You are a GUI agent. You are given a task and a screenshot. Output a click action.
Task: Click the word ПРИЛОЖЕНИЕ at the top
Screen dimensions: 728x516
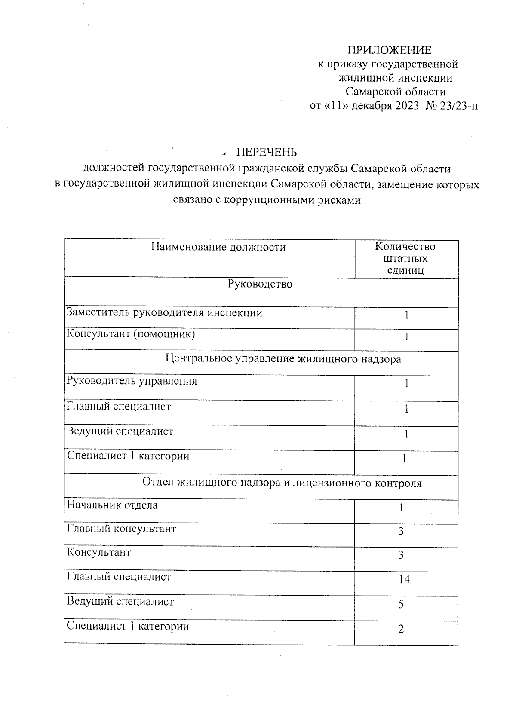[389, 50]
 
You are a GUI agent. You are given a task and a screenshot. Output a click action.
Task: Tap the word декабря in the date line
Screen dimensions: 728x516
[371, 106]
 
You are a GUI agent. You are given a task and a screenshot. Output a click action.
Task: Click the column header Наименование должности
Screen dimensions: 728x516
[218, 247]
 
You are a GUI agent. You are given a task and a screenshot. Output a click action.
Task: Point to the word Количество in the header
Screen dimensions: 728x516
[405, 247]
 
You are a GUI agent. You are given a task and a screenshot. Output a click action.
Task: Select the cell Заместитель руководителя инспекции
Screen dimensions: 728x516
[164, 313]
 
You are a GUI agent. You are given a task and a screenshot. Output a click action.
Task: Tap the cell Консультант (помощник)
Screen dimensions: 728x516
[131, 334]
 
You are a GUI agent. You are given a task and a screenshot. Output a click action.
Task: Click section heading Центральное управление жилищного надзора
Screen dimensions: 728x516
[283, 358]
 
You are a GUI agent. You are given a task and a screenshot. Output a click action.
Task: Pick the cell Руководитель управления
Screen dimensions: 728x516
[132, 381]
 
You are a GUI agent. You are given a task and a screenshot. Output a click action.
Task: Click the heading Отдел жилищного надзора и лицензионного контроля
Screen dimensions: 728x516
[282, 483]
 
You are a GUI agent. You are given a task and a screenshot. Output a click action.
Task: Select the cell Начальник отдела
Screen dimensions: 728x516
[112, 505]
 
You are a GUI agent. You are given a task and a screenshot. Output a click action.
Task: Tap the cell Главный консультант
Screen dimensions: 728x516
[121, 529]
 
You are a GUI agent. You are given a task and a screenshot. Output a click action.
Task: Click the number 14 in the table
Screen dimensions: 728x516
[404, 580]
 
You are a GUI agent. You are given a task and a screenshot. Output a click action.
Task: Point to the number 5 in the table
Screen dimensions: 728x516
[401, 605]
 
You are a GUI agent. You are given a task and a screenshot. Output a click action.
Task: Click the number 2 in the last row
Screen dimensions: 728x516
[401, 630]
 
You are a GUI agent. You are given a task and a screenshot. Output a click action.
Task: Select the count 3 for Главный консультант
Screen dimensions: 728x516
[401, 532]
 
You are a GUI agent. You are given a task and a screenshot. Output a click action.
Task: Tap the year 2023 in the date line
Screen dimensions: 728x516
[405, 106]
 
